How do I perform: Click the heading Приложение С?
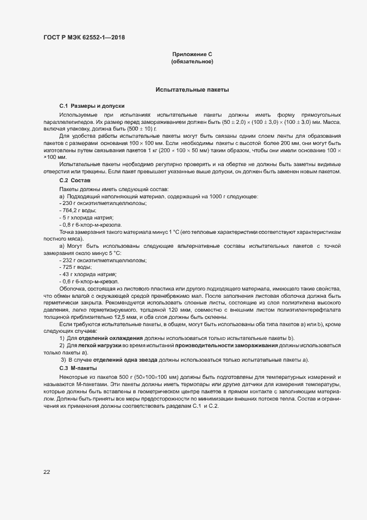pyautogui.click(x=193, y=54)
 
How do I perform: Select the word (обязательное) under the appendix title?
pyautogui.click(x=193, y=62)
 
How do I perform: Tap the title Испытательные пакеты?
pyautogui.click(x=192, y=89)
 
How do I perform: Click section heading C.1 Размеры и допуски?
pyautogui.click(x=92, y=106)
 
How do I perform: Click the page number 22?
pyautogui.click(x=47, y=472)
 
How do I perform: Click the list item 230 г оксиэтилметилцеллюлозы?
pyautogui.click(x=102, y=204)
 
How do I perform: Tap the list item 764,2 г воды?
pyautogui.click(x=78, y=211)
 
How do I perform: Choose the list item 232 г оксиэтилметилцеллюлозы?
pyautogui.click(x=102, y=260)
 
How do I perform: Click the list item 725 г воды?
pyautogui.click(x=75, y=267)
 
